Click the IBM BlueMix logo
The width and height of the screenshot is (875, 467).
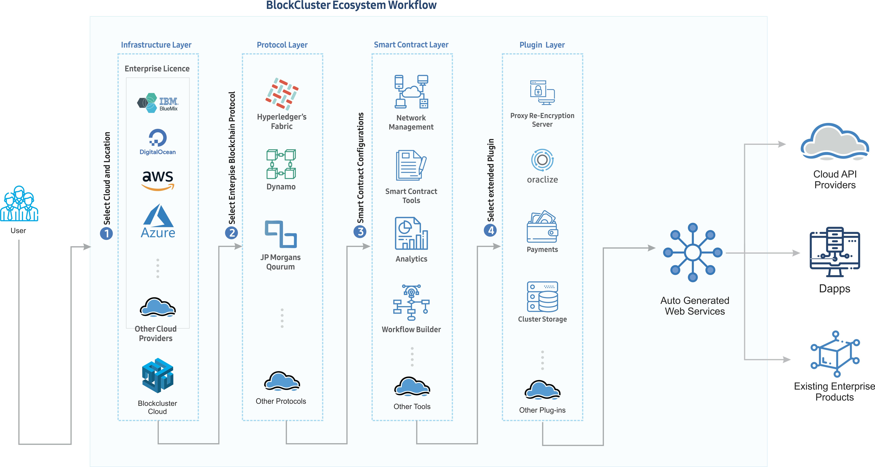click(158, 103)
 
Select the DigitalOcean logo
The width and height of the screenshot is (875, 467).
click(158, 142)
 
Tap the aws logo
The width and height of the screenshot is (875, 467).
click(158, 180)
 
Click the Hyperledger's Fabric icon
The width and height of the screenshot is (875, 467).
click(282, 94)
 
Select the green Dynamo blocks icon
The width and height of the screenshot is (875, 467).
click(281, 164)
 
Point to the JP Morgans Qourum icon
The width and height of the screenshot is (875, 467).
click(281, 234)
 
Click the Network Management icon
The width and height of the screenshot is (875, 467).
click(411, 92)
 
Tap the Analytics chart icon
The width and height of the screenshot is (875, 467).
click(411, 234)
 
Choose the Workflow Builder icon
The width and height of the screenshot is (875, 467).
click(411, 302)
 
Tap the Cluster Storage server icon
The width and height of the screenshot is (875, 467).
click(542, 296)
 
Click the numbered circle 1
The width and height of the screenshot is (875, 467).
click(106, 233)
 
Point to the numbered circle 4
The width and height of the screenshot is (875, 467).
click(490, 231)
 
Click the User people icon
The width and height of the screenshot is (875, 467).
click(19, 204)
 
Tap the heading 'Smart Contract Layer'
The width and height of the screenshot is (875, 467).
click(411, 45)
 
